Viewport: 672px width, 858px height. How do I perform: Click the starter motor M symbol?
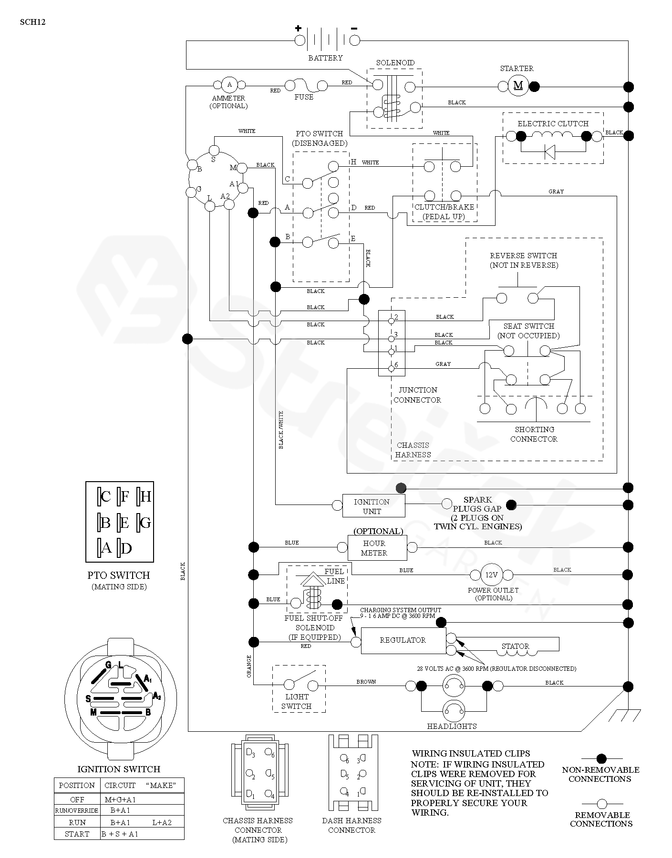[518, 86]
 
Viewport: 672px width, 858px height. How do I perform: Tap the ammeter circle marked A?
[229, 85]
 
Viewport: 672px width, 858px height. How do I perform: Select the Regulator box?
[403, 640]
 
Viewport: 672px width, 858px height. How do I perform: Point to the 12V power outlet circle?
[491, 575]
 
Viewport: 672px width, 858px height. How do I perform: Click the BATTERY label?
[325, 58]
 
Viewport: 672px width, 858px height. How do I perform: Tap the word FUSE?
[304, 97]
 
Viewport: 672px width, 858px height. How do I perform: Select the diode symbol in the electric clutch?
[549, 152]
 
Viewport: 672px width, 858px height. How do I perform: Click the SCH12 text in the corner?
[33, 21]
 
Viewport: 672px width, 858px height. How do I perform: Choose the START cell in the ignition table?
[77, 834]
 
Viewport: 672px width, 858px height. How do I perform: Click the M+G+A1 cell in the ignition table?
[120, 799]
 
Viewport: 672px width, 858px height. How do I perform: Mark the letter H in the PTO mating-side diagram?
[146, 497]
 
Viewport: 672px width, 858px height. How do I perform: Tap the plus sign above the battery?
[298, 28]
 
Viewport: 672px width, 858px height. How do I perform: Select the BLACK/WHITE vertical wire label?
[281, 430]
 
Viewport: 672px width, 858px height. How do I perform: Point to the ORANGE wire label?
[249, 666]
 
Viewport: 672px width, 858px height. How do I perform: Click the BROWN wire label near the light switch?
[366, 682]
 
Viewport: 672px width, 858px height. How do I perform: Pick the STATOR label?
[515, 646]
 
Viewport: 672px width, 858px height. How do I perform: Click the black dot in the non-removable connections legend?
[601, 758]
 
